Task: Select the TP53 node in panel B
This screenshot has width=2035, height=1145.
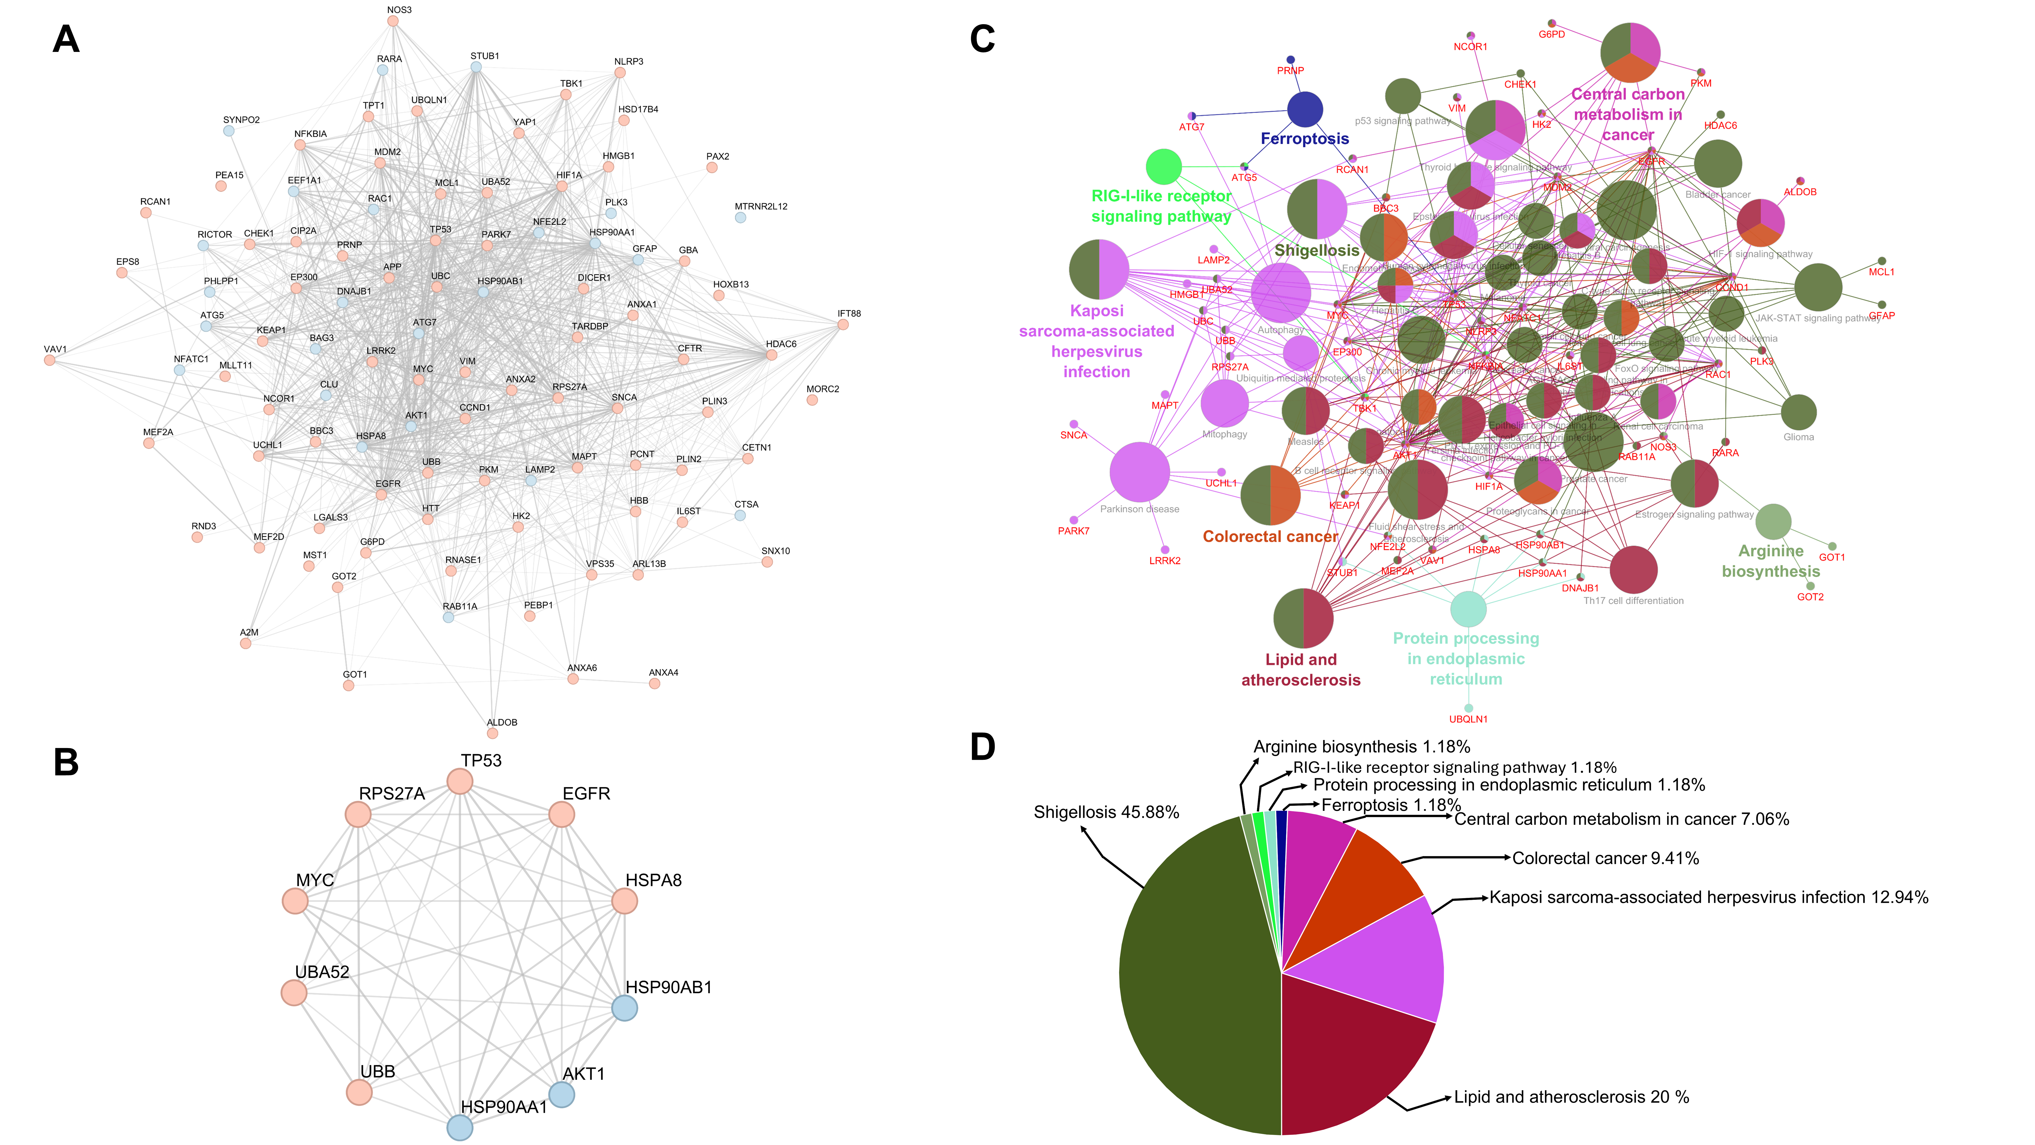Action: tap(460, 781)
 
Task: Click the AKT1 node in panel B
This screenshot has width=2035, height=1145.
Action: tap(562, 1094)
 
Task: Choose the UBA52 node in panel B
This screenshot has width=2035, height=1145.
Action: tap(294, 993)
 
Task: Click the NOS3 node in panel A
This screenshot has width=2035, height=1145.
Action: tap(393, 21)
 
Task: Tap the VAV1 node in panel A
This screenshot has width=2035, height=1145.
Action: tap(50, 360)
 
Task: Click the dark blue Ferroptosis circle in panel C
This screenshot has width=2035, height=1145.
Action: tap(1305, 109)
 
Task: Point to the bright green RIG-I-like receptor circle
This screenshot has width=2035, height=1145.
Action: tap(1164, 167)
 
